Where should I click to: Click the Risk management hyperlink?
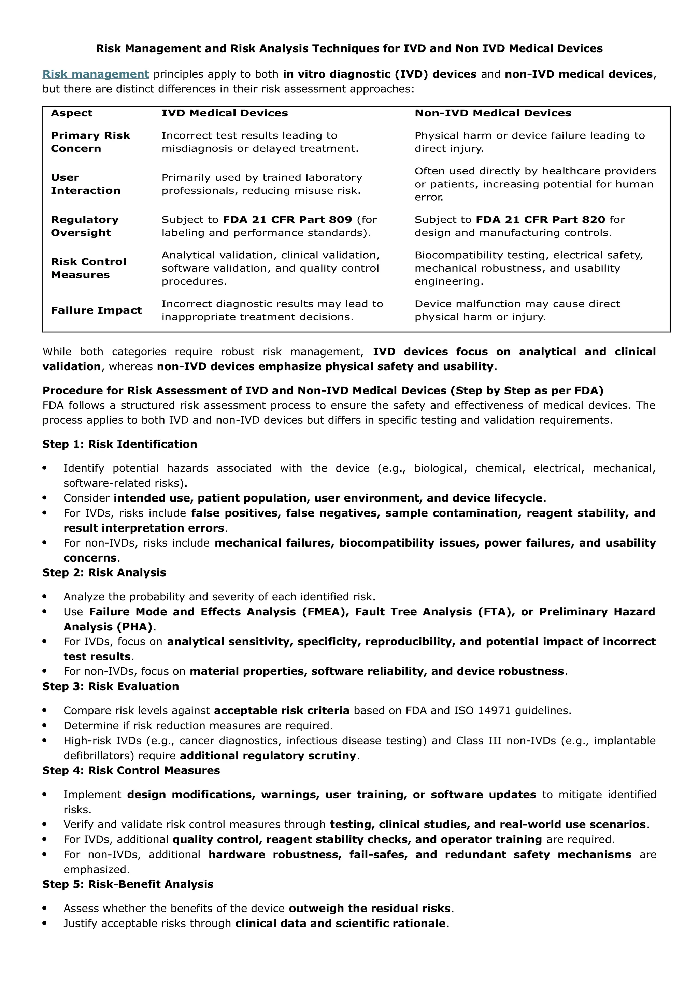click(x=96, y=74)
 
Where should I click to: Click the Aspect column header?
click(x=71, y=113)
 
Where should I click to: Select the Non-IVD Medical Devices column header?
click(x=493, y=113)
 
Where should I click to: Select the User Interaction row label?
click(x=85, y=184)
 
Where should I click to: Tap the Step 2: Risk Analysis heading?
click(x=104, y=572)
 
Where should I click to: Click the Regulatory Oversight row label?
click(x=84, y=226)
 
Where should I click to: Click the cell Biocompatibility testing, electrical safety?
click(x=528, y=255)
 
